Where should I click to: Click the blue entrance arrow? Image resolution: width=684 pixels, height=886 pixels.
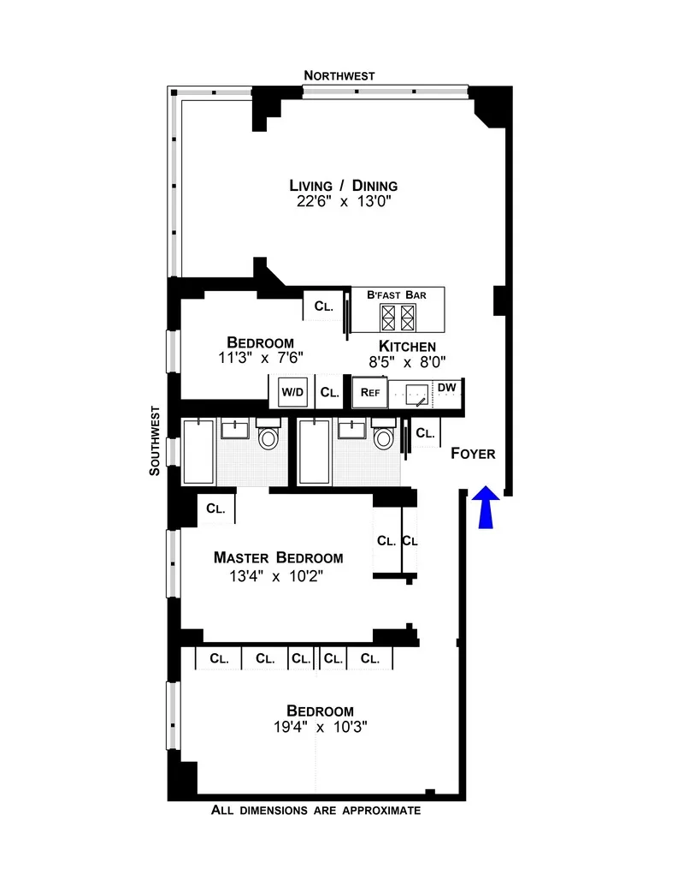point(486,507)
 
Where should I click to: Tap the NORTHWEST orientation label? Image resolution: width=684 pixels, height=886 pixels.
point(339,76)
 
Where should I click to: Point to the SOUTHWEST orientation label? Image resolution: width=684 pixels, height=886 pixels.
point(155,440)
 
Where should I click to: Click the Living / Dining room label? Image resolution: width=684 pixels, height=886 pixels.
point(343,186)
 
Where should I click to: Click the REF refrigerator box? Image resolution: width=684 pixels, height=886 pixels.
point(369,392)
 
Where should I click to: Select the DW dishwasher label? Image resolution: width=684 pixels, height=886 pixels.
point(446,388)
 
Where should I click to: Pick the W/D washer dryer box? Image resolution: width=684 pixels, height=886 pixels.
point(292,392)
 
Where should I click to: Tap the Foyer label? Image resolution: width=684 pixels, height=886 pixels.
point(473,454)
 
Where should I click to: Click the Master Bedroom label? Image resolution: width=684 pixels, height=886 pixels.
point(278,558)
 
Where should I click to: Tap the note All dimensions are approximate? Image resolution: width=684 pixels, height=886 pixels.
point(315,810)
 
